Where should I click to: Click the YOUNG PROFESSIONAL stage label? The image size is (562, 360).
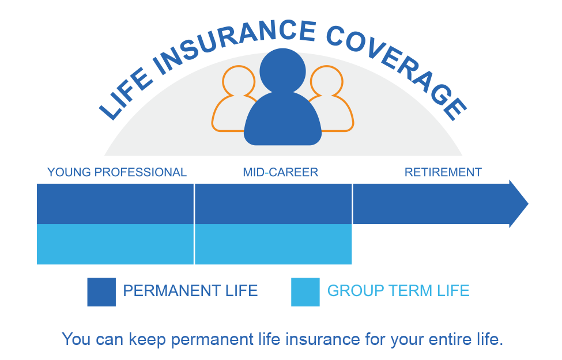pyautogui.click(x=117, y=172)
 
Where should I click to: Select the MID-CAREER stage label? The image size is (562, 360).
pyautogui.click(x=280, y=172)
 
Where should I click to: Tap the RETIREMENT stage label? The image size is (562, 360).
pyautogui.click(x=443, y=172)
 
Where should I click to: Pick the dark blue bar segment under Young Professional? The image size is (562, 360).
pyautogui.click(x=115, y=204)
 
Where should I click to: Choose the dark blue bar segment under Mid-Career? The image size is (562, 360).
pyautogui.click(x=273, y=204)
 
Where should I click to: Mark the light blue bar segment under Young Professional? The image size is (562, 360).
pyautogui.click(x=115, y=244)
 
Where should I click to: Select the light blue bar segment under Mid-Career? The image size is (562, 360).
pyautogui.click(x=273, y=244)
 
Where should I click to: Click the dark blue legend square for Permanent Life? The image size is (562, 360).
pyautogui.click(x=101, y=291)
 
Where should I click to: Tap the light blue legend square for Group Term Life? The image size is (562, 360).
pyautogui.click(x=305, y=291)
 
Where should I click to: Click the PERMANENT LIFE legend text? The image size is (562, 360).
pyautogui.click(x=190, y=291)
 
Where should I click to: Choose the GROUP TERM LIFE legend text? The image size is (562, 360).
pyautogui.click(x=398, y=291)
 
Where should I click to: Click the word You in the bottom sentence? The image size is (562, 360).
pyautogui.click(x=75, y=339)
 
